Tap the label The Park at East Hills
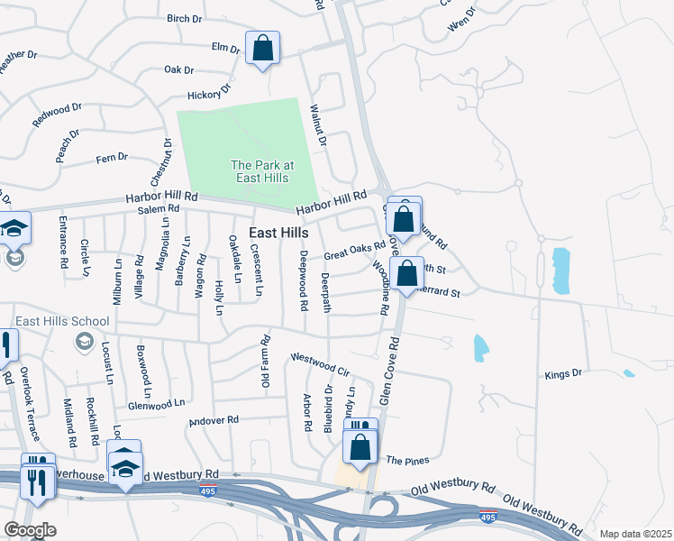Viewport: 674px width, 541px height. pyautogui.click(x=262, y=171)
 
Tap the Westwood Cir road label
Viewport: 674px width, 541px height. pyautogui.click(x=319, y=363)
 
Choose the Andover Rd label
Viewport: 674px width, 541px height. pyautogui.click(x=214, y=420)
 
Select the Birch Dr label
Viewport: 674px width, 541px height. pyautogui.click(x=187, y=18)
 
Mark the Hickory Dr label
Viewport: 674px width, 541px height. pyautogui.click(x=209, y=92)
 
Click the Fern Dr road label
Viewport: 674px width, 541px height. pyautogui.click(x=112, y=158)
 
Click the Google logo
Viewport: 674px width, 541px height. pyautogui.click(x=31, y=529)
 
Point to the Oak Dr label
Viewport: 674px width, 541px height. pyautogui.click(x=179, y=69)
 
